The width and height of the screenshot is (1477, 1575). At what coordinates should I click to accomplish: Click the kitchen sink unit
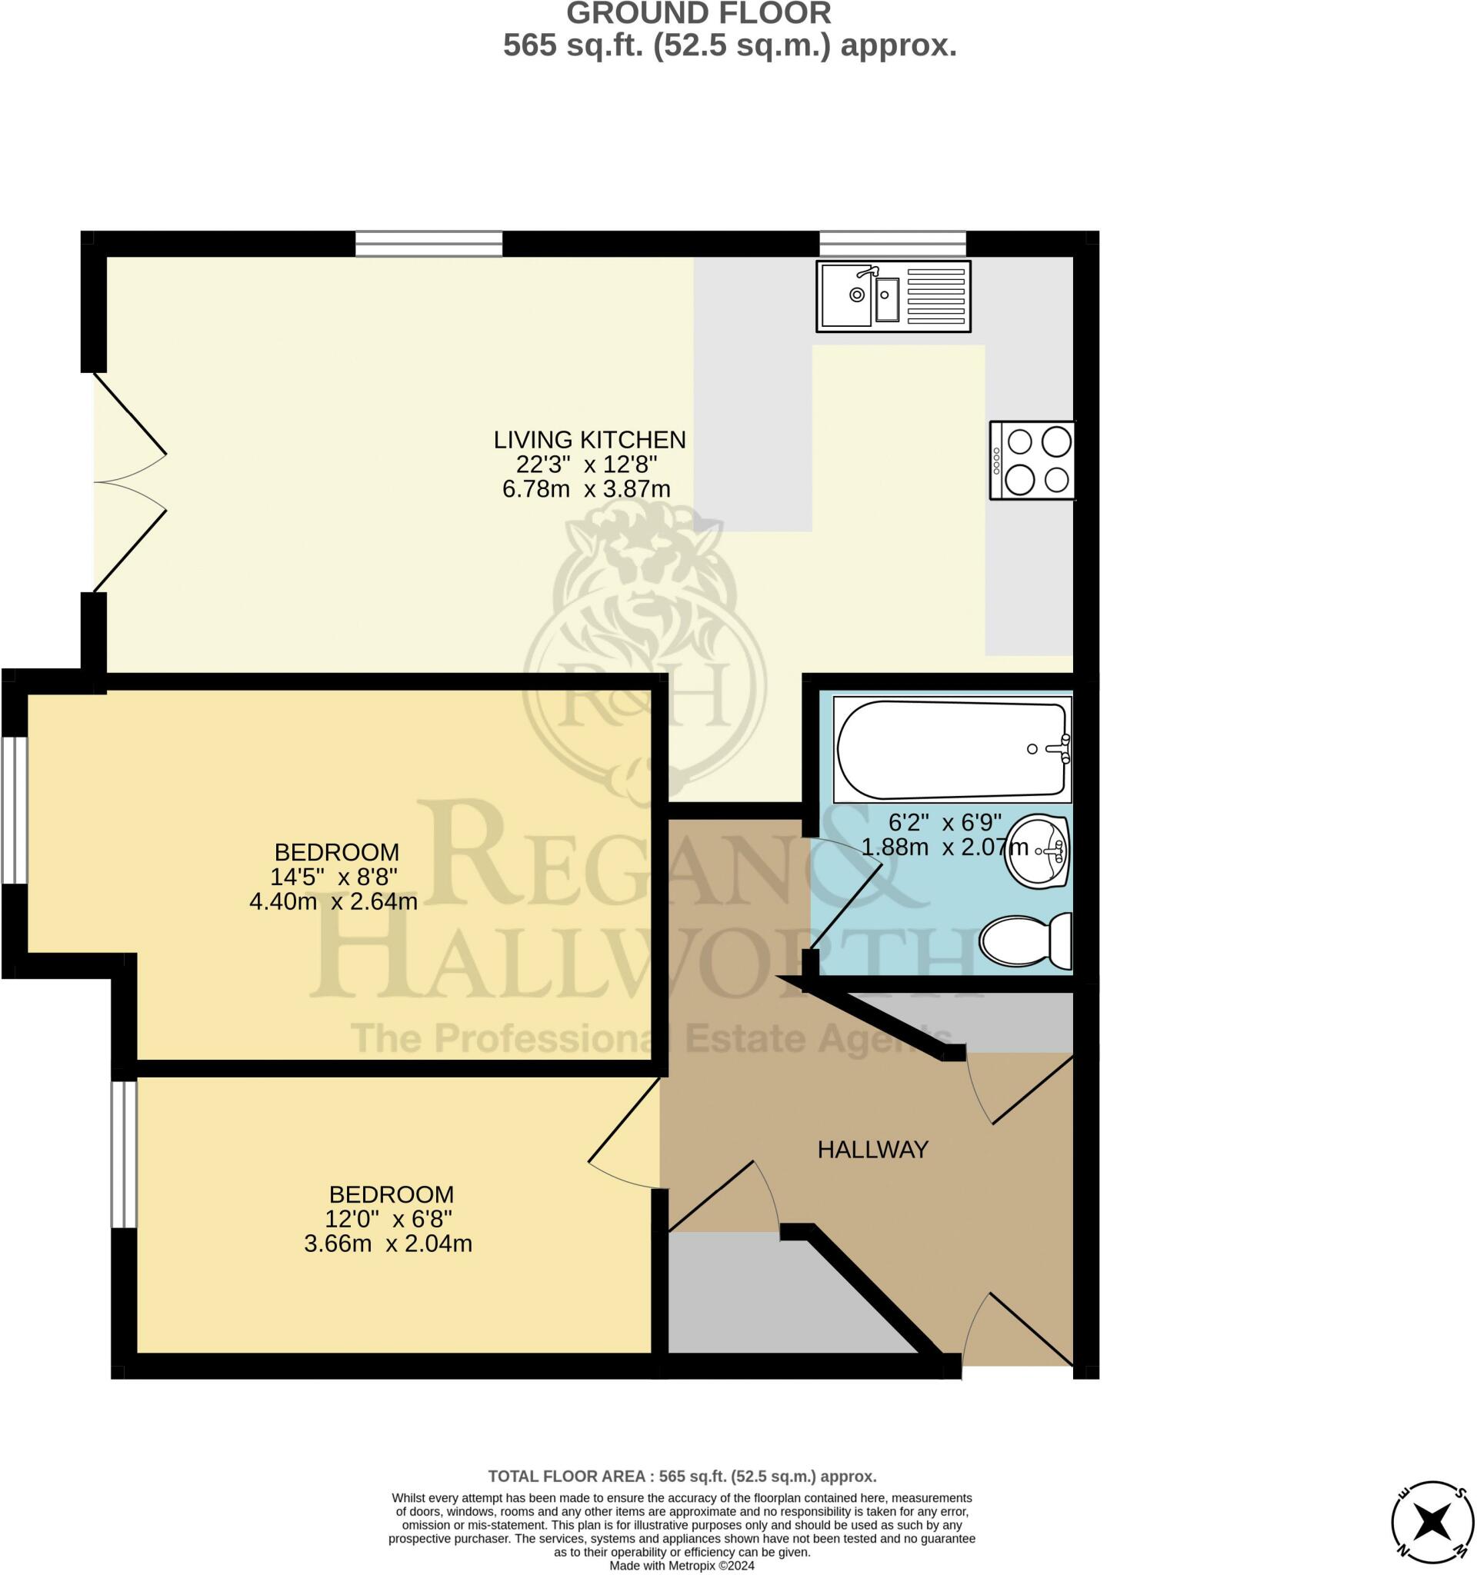click(x=893, y=296)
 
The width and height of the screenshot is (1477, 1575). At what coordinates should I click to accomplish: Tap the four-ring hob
click(x=1032, y=461)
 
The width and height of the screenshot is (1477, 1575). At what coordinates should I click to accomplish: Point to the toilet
click(x=1025, y=941)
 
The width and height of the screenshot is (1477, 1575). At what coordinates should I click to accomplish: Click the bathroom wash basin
click(x=1037, y=851)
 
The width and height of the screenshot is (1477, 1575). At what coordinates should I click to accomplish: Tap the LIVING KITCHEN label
click(x=589, y=440)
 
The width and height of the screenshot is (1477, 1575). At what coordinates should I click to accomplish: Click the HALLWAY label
click(x=872, y=1150)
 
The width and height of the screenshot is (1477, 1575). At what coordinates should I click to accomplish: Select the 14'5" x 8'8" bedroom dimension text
click(x=334, y=877)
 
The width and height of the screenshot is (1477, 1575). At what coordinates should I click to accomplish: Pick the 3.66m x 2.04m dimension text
click(x=388, y=1243)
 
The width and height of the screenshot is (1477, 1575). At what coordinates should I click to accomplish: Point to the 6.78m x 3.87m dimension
click(x=586, y=489)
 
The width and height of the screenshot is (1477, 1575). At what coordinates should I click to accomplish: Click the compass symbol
click(x=1432, y=1521)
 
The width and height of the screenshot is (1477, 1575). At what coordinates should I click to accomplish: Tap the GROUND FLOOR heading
click(x=698, y=14)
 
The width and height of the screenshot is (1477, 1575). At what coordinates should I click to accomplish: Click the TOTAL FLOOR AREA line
click(x=682, y=1476)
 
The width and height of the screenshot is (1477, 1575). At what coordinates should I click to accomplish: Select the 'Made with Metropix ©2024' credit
click(x=682, y=1567)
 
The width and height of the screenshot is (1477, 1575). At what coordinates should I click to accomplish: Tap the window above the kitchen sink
click(x=892, y=243)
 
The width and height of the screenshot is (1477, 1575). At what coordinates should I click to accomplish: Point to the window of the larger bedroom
click(x=15, y=810)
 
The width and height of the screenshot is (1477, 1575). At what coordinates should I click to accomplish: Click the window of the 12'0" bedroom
click(x=124, y=1154)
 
